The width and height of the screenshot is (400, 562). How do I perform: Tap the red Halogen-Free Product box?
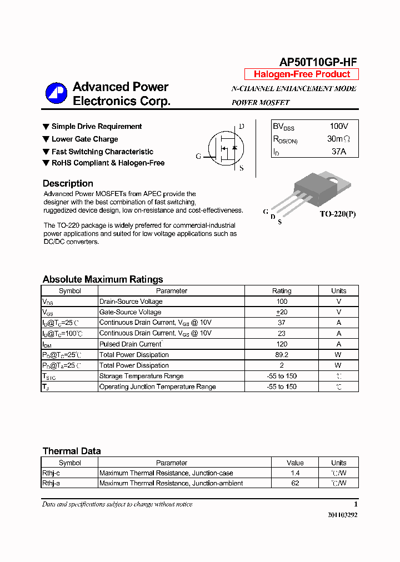(302, 74)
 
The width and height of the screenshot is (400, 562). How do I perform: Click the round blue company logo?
(56, 93)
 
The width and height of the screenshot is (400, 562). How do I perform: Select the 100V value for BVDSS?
(339, 127)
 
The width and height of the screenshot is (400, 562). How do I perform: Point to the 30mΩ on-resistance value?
(339, 139)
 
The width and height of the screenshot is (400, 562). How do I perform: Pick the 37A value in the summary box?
(339, 151)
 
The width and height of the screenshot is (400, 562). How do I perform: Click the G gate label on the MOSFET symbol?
(198, 156)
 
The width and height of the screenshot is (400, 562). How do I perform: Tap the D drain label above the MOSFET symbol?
(241, 127)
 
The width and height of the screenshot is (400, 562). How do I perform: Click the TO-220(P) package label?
(337, 214)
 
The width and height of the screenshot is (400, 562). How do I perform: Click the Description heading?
(68, 183)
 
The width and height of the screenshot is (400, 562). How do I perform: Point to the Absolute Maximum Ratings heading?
(103, 279)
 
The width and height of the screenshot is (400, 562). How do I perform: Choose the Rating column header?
(282, 290)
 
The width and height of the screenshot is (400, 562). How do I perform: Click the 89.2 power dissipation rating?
(282, 354)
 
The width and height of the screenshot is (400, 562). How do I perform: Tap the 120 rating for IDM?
(282, 344)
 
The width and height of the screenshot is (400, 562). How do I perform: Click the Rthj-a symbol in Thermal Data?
(51, 483)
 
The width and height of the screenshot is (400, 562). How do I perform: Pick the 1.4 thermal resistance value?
(295, 473)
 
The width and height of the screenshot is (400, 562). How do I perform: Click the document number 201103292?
(342, 515)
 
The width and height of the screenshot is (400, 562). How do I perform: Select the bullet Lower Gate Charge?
(84, 139)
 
